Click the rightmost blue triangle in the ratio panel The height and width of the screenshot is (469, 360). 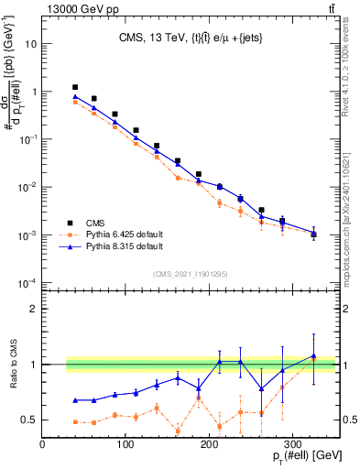pos(314,355)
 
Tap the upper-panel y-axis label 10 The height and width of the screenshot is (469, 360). pos(32,44)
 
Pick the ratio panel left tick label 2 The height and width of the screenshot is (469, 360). pos(33,309)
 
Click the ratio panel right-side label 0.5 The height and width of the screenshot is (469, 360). pos(348,420)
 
